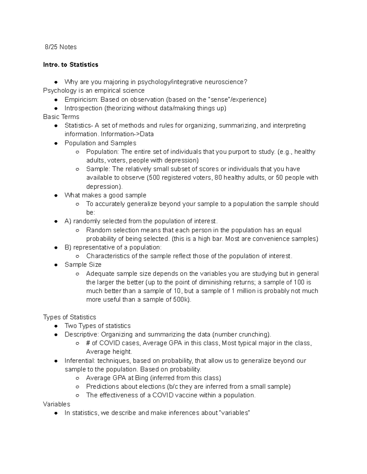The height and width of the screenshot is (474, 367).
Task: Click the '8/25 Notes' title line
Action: (61, 47)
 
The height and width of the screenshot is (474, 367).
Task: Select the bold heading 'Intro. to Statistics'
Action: (71, 65)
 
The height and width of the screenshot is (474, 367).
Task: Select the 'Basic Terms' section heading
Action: (61, 117)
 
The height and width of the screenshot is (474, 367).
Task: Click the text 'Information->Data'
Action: (127, 134)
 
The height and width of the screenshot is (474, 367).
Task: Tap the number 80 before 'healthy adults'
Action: (218, 178)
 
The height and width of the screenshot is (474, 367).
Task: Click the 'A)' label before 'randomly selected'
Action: (68, 221)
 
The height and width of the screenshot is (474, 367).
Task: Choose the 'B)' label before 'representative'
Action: (68, 247)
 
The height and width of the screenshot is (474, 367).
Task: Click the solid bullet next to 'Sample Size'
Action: (56, 265)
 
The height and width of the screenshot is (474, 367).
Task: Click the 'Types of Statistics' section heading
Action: (69, 317)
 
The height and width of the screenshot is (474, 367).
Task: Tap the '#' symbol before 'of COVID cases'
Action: (88, 343)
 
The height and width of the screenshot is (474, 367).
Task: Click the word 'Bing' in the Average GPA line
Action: (141, 378)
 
